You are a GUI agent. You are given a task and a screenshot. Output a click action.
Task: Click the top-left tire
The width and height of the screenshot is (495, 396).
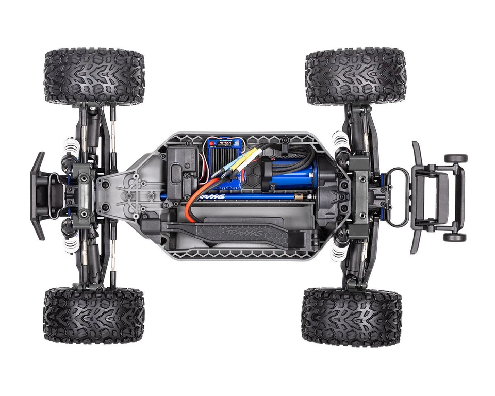(94, 76)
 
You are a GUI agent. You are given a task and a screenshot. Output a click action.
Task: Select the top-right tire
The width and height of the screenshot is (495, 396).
(355, 77)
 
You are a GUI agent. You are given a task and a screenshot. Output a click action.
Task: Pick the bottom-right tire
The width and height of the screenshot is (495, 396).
(351, 317)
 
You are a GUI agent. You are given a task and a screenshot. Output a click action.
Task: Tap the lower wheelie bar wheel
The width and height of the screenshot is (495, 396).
(454, 237)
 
